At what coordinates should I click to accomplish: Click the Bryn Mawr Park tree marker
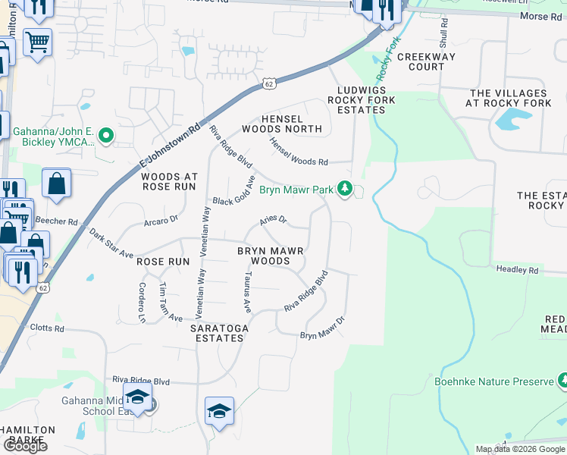(346, 188)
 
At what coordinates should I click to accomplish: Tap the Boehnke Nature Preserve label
(493, 381)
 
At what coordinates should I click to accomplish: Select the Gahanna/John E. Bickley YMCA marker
(106, 136)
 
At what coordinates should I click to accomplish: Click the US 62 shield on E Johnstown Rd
(269, 82)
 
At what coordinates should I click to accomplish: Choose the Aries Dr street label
(273, 220)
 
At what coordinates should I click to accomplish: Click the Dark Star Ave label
(111, 242)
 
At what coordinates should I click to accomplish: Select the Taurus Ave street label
(246, 293)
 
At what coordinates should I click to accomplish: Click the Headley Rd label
(517, 269)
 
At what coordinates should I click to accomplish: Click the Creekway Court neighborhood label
(421, 61)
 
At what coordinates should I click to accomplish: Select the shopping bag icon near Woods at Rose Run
(56, 183)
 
